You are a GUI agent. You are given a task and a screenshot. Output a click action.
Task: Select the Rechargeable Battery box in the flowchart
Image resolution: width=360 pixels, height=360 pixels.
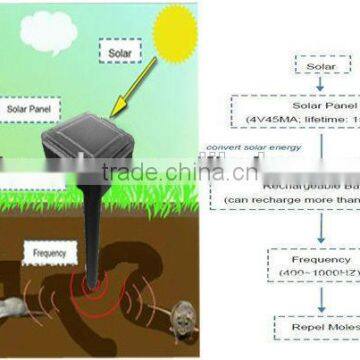300,189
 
